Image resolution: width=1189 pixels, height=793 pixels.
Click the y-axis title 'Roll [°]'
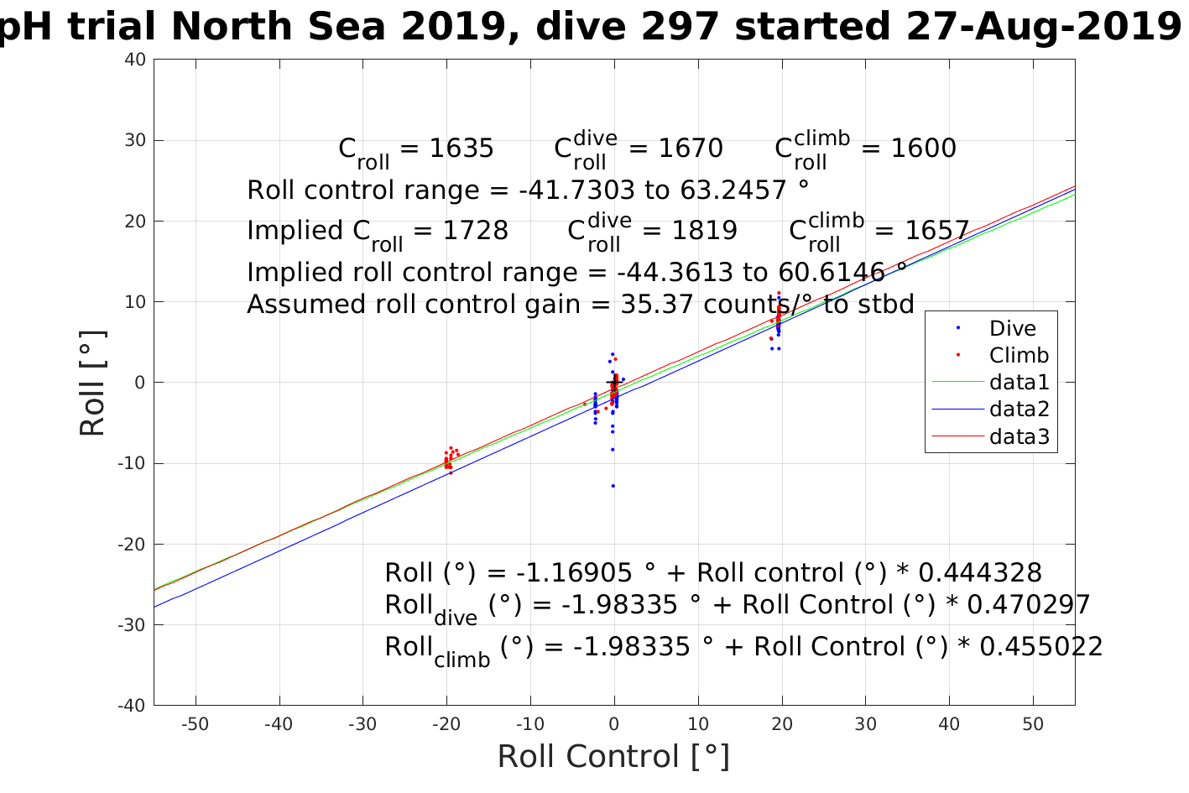tap(92, 383)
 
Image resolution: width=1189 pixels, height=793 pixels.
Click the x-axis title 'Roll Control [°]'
tap(613, 757)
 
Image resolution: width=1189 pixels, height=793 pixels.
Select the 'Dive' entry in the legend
tap(1012, 328)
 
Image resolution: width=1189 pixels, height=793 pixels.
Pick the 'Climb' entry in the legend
tap(1019, 355)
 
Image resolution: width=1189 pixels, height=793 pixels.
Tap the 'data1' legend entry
tap(1019, 383)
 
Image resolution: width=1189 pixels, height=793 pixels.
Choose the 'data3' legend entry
tap(1019, 436)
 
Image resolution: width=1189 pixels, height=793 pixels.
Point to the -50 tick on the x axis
tap(196, 724)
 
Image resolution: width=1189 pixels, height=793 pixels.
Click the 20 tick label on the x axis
tap(782, 724)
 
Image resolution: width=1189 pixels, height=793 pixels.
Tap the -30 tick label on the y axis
tap(134, 625)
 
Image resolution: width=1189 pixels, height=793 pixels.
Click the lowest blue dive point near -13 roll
tap(613, 486)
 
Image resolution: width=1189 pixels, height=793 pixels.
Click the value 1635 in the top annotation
tap(462, 149)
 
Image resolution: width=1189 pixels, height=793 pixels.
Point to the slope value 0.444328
tap(980, 573)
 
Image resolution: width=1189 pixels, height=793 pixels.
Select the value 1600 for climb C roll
tap(923, 149)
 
